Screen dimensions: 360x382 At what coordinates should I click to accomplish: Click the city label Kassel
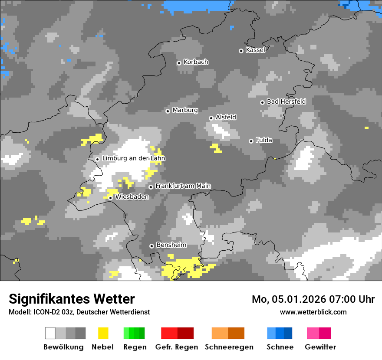click(255, 50)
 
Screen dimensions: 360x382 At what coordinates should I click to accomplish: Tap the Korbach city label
click(196, 62)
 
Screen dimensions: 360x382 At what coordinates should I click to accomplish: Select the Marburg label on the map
click(185, 110)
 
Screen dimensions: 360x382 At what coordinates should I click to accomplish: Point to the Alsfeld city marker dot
click(211, 118)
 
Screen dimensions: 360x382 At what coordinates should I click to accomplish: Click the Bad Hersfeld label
click(286, 101)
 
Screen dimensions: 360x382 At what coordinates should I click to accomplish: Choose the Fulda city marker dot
click(251, 141)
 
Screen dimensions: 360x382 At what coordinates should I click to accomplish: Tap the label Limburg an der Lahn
click(133, 158)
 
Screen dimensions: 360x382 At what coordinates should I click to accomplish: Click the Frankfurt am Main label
click(183, 186)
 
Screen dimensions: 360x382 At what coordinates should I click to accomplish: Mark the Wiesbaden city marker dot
click(111, 198)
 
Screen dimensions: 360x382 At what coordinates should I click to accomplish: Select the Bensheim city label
click(171, 245)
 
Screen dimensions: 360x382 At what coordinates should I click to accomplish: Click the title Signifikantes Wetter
click(72, 299)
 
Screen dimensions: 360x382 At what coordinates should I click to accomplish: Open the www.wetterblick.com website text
click(313, 312)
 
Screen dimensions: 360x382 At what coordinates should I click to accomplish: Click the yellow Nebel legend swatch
click(103, 333)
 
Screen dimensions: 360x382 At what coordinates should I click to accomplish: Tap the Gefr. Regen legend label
click(177, 347)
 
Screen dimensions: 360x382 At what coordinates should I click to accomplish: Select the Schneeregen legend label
click(229, 347)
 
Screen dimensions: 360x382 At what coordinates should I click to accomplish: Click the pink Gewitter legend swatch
click(319, 333)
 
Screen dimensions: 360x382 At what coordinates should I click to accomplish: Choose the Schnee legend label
click(280, 347)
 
